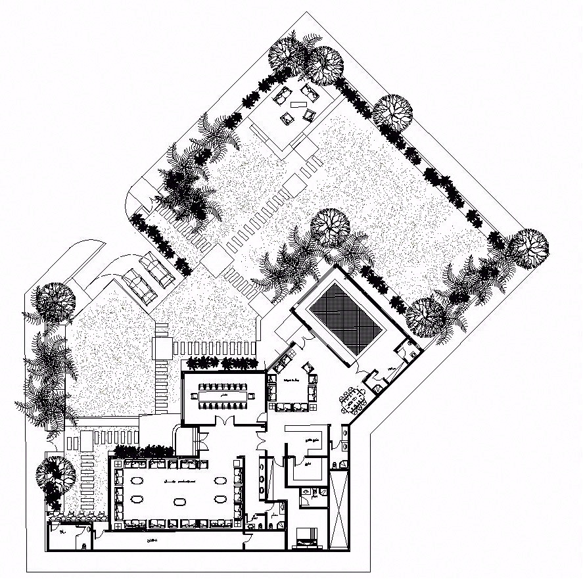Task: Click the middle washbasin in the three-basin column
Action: click(264, 477)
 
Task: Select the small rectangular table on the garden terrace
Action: click(299, 104)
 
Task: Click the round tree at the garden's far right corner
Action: click(528, 250)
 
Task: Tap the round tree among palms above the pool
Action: click(329, 225)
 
